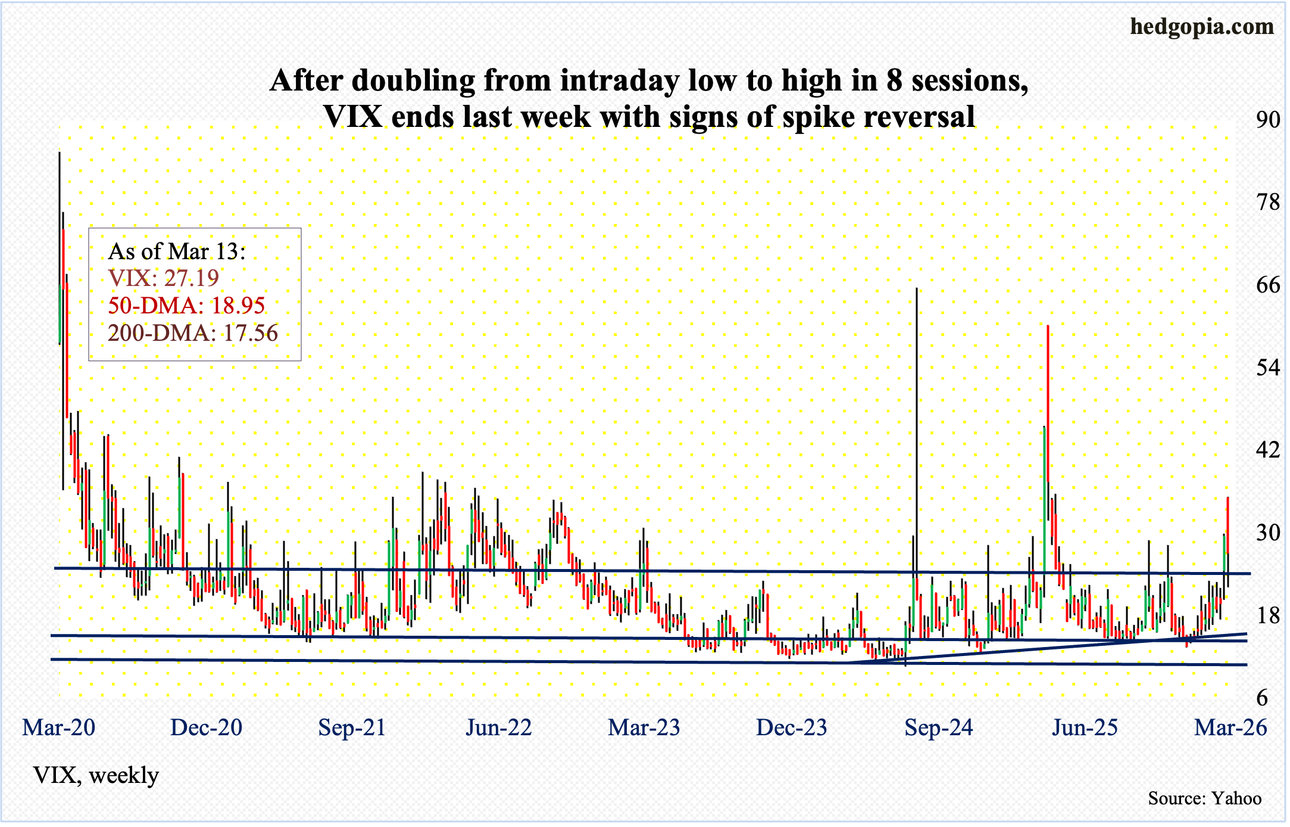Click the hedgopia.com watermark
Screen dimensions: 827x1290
1202,27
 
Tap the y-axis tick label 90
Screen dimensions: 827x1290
1267,120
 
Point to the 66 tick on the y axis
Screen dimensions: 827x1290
1267,285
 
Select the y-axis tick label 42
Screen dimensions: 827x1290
1267,449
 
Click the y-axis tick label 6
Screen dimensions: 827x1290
1273,698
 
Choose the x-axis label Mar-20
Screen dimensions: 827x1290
58,727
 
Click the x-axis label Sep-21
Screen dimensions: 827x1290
352,727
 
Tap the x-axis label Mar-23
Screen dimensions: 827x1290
644,727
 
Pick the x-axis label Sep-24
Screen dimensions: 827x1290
939,727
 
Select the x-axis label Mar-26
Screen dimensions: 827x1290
1230,727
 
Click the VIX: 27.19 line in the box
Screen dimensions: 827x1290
164,278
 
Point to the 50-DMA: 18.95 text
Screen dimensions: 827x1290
186,306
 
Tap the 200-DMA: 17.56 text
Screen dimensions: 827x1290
193,333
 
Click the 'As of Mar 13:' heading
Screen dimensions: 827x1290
177,251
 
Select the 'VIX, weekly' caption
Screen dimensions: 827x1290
96,775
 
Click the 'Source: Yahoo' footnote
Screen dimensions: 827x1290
1204,798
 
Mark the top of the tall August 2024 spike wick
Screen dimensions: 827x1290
917,289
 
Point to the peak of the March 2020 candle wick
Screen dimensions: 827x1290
59,153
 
